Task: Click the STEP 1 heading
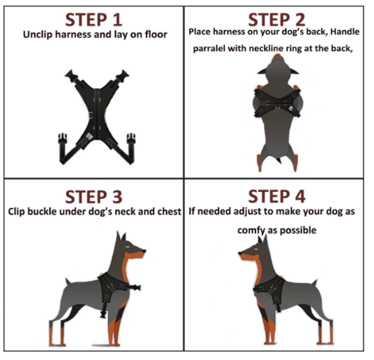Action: point(94,17)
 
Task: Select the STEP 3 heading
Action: point(94,195)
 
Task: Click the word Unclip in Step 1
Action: point(38,34)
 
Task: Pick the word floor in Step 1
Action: point(154,34)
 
